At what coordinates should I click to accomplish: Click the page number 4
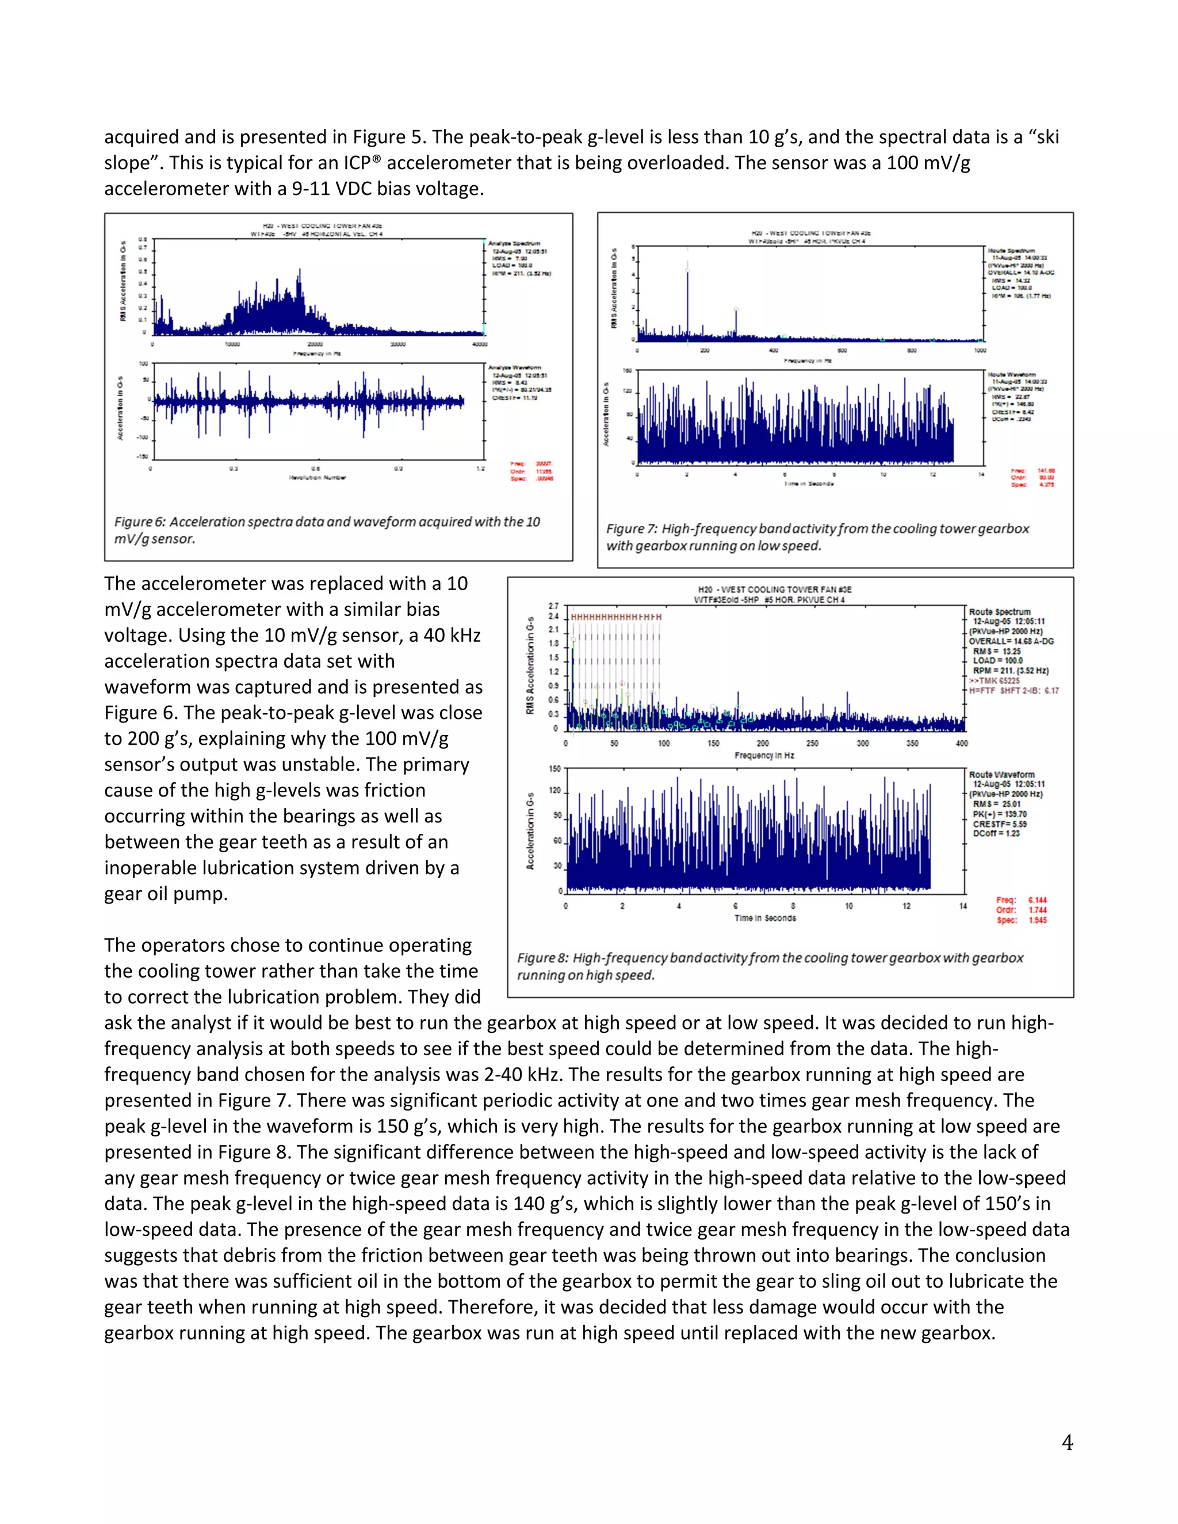coord(1067,1442)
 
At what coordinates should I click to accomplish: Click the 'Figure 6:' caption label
coord(140,522)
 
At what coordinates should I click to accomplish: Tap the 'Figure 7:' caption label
coord(632,529)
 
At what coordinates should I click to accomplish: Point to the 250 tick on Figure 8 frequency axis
coord(812,743)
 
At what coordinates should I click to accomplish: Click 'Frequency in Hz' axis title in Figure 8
coord(764,755)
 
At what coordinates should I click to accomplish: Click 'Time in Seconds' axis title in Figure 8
coord(765,918)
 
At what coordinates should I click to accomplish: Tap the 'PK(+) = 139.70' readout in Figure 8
coord(999,814)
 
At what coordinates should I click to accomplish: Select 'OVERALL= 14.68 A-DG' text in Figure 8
coord(1011,641)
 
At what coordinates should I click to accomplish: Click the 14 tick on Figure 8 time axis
coord(962,906)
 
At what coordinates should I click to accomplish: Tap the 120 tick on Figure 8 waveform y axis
coord(555,791)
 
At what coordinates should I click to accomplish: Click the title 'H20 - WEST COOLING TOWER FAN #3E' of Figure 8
coord(775,589)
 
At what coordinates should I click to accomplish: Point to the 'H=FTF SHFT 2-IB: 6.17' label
coord(1013,690)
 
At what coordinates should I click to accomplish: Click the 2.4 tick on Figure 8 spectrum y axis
coord(553,617)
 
